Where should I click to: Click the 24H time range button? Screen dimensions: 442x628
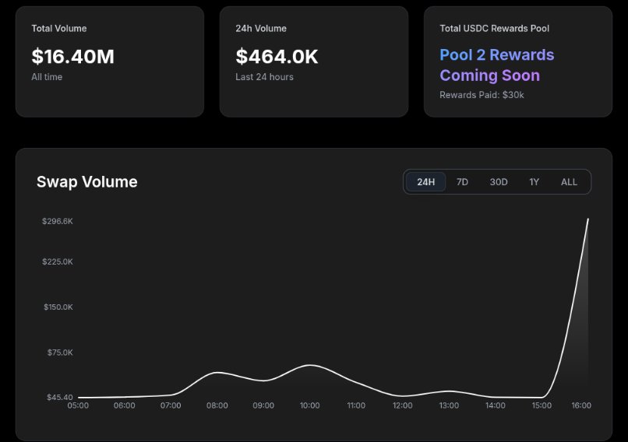click(x=425, y=182)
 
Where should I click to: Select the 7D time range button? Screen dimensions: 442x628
click(x=462, y=182)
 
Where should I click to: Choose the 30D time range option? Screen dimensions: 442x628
click(x=499, y=182)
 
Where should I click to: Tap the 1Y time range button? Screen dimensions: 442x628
click(x=534, y=182)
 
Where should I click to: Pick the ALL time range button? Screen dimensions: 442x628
click(x=570, y=182)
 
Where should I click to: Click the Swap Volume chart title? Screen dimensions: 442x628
click(x=86, y=182)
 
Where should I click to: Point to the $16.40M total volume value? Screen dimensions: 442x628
click(x=72, y=56)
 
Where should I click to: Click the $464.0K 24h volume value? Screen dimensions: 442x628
click(x=277, y=56)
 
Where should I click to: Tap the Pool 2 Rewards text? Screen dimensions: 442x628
click(x=496, y=55)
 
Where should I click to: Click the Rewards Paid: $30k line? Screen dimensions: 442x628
click(x=481, y=95)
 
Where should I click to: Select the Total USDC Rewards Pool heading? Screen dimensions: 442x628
click(x=494, y=29)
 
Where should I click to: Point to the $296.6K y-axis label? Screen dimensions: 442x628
click(x=58, y=221)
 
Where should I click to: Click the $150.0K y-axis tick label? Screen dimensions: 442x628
click(x=58, y=307)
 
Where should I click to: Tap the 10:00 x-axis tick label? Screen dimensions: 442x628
click(x=309, y=405)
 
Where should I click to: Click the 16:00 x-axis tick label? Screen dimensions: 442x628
click(x=581, y=405)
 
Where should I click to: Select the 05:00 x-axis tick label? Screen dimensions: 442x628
click(x=78, y=405)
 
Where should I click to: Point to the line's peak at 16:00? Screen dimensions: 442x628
click(x=587, y=219)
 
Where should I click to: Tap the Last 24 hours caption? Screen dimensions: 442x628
click(x=264, y=77)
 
